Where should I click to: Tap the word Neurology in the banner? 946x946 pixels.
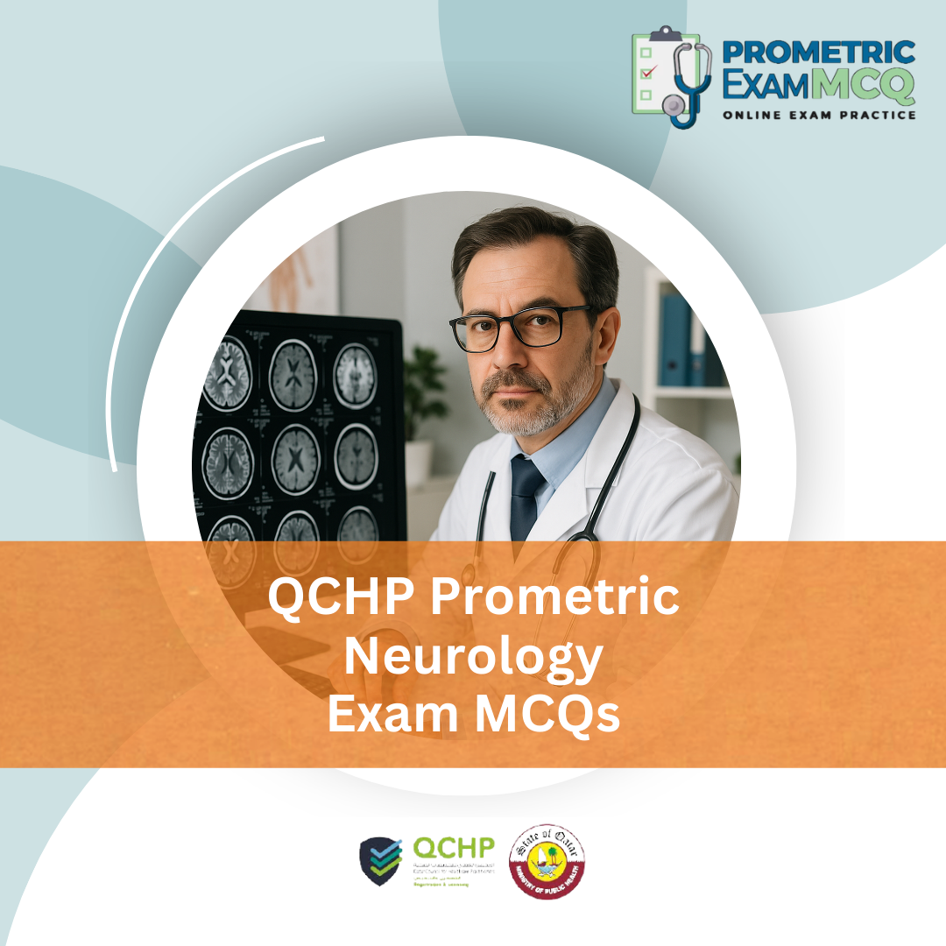[x=473, y=657]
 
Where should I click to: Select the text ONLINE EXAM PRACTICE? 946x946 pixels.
[x=818, y=115]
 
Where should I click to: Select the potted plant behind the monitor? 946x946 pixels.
[x=426, y=385]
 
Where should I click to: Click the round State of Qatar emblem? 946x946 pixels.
[x=547, y=860]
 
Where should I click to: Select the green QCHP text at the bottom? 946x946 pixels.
[x=453, y=849]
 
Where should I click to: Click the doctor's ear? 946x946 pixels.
[x=609, y=328]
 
